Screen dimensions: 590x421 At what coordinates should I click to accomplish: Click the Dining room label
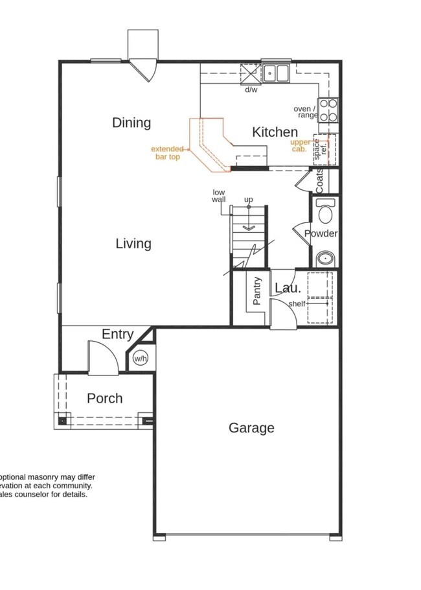(131, 123)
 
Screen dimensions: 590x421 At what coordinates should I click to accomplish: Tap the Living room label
(133, 244)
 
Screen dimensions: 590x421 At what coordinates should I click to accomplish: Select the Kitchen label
(275, 132)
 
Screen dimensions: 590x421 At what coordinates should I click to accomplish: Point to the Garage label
(251, 428)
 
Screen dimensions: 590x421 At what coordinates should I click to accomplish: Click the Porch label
(105, 398)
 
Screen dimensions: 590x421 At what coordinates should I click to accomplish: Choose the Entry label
(118, 335)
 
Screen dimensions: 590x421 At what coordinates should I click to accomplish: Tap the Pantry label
(257, 291)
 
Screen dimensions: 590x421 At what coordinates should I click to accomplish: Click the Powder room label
(321, 233)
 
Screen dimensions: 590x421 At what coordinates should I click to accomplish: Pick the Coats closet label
(320, 181)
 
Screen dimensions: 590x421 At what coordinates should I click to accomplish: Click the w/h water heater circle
(141, 358)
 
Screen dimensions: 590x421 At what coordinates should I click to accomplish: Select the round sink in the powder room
(324, 259)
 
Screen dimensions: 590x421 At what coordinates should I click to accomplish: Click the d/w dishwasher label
(251, 89)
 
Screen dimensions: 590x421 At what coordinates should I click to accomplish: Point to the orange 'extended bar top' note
(166, 152)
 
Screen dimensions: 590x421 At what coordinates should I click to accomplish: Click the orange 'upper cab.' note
(301, 145)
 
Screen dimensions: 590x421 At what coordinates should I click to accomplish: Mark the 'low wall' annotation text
(219, 195)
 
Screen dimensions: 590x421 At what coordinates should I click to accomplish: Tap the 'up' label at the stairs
(248, 199)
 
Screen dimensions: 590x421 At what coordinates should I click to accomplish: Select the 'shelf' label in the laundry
(297, 303)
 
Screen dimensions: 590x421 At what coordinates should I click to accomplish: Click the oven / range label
(306, 112)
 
